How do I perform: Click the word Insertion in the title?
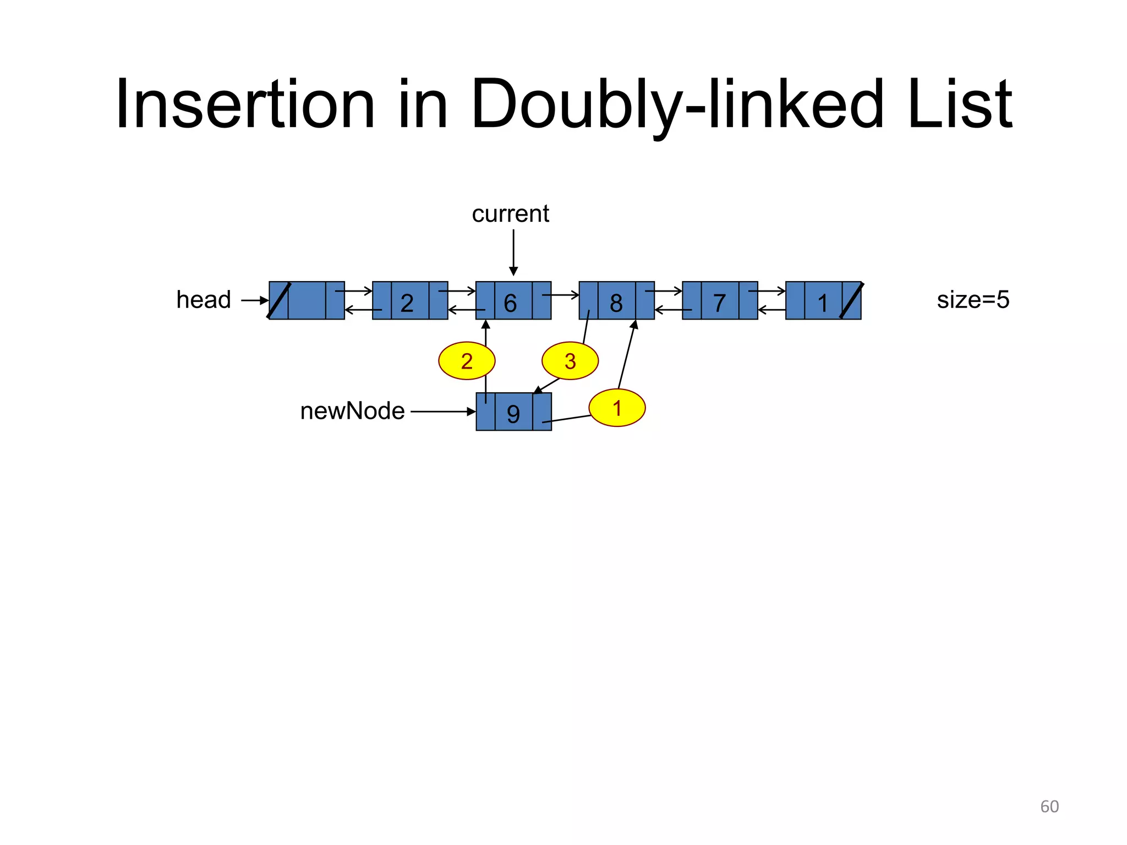point(245,105)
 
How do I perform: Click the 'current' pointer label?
point(510,214)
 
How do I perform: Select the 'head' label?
point(203,300)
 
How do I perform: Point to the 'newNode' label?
point(352,411)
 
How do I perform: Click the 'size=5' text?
point(973,300)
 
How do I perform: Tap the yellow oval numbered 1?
point(617,408)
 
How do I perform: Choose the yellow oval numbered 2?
point(467,361)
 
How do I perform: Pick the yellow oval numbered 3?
point(570,361)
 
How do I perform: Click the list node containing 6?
point(513,301)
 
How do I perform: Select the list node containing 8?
point(616,301)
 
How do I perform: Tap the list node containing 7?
point(720,301)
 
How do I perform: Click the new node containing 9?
point(513,412)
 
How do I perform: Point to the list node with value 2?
point(409,301)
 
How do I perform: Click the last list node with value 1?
point(823,301)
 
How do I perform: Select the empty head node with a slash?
point(307,301)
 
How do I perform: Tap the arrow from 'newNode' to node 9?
point(442,411)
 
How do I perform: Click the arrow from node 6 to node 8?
point(561,295)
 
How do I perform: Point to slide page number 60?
point(1049,806)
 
